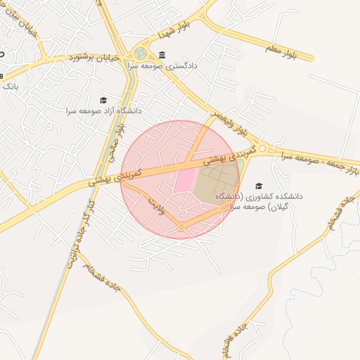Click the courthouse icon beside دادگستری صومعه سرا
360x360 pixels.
[x=162, y=56]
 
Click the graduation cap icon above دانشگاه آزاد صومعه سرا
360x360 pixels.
[x=104, y=101]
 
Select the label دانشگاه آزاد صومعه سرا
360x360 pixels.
[x=104, y=111]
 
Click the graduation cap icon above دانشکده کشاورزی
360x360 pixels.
[x=259, y=186]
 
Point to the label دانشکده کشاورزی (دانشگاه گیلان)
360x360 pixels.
[x=259, y=201]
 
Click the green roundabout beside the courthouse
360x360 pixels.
[x=141, y=53]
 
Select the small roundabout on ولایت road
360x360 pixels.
[x=181, y=226]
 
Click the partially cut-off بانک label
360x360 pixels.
[x=9, y=86]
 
